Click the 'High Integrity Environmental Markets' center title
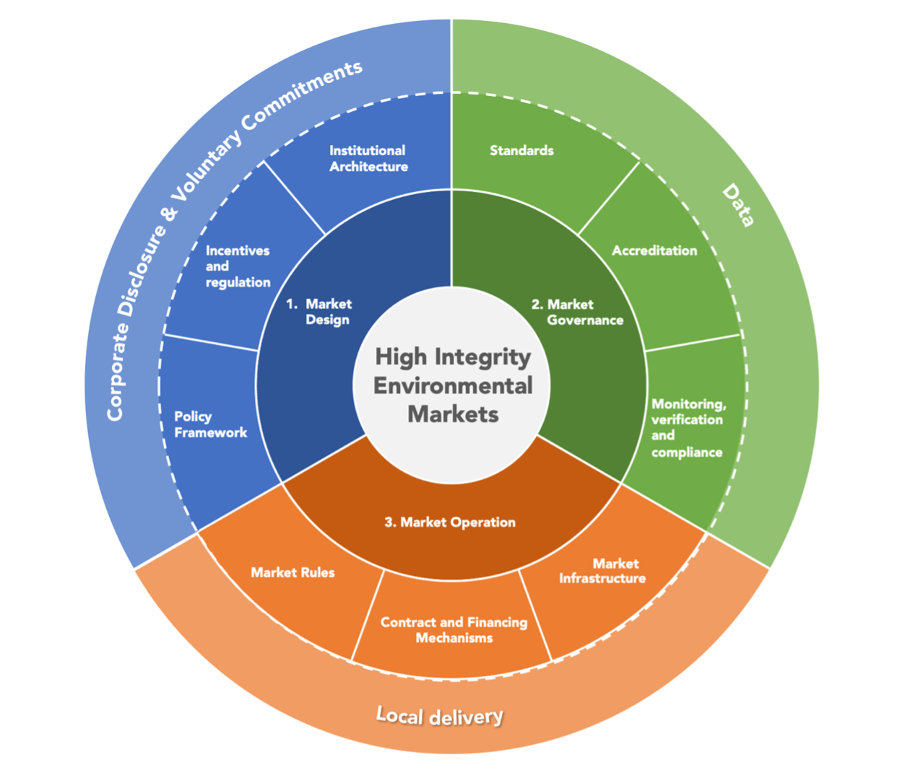(x=453, y=385)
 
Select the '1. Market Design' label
(x=319, y=312)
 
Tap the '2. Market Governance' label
(x=577, y=312)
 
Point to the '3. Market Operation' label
(x=450, y=522)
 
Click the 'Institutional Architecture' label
(x=368, y=159)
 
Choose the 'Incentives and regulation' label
(x=238, y=266)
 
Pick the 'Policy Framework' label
(x=210, y=424)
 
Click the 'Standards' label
(x=521, y=150)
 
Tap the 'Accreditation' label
(x=654, y=250)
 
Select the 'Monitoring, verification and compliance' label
(x=689, y=428)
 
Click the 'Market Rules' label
(x=292, y=572)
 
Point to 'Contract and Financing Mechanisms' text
(x=454, y=630)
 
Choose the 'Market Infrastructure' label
(x=602, y=571)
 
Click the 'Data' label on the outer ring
(x=738, y=205)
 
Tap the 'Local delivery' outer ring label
(x=439, y=716)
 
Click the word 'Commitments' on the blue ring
(x=302, y=96)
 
